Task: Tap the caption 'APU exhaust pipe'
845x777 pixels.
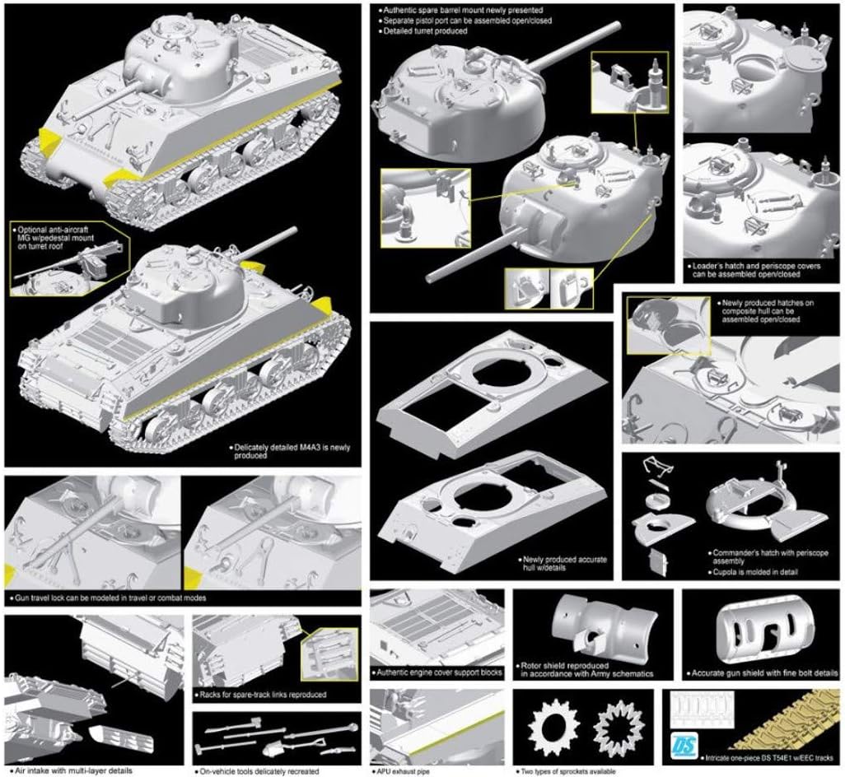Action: tap(403, 771)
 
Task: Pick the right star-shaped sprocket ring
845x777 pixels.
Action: tap(619, 728)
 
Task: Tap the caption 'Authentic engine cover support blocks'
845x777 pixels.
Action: tap(437, 672)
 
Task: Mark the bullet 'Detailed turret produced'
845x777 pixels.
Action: tap(422, 31)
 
